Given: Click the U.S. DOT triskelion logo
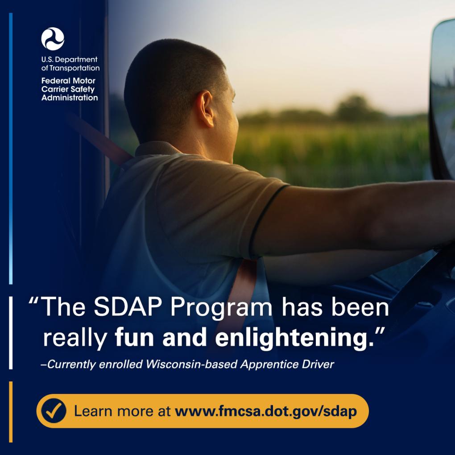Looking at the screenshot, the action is point(53,39).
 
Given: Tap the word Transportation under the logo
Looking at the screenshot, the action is point(74,68).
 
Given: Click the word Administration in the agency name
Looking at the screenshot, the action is point(70,98).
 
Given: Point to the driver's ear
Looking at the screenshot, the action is point(207,108).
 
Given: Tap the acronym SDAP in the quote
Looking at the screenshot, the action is point(128,307).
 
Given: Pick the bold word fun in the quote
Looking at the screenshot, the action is point(134,337).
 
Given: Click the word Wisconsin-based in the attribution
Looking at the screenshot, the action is point(191,364).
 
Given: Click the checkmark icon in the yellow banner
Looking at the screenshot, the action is point(54,410).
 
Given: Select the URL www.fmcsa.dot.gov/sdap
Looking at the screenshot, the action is point(265,412).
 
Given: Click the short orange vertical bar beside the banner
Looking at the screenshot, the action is point(11,412).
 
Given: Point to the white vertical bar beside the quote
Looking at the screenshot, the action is point(11,333).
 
